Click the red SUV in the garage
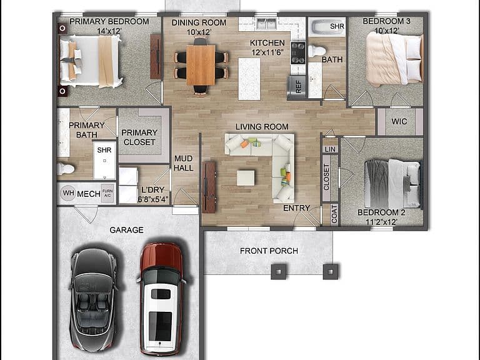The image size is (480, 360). point(161,297)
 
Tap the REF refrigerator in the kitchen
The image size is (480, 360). point(297,87)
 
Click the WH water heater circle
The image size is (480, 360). point(68,193)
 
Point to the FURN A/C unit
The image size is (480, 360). point(107,193)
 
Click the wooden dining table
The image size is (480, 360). point(201,65)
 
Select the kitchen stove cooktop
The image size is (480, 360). point(298,52)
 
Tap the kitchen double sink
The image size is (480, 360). point(266,24)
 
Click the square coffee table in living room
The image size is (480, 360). point(246,178)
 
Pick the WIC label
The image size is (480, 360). point(399,121)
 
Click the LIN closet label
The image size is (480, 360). point(330,149)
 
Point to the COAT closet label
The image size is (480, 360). point(334,214)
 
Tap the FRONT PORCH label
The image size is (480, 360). point(269,251)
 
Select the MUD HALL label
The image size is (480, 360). point(183,163)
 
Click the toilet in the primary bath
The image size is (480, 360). point(66,169)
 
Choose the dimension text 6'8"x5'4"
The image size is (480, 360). point(152,199)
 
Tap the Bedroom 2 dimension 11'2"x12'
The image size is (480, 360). point(381,222)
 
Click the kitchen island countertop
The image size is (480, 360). point(249,79)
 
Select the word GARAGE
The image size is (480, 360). point(126,230)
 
